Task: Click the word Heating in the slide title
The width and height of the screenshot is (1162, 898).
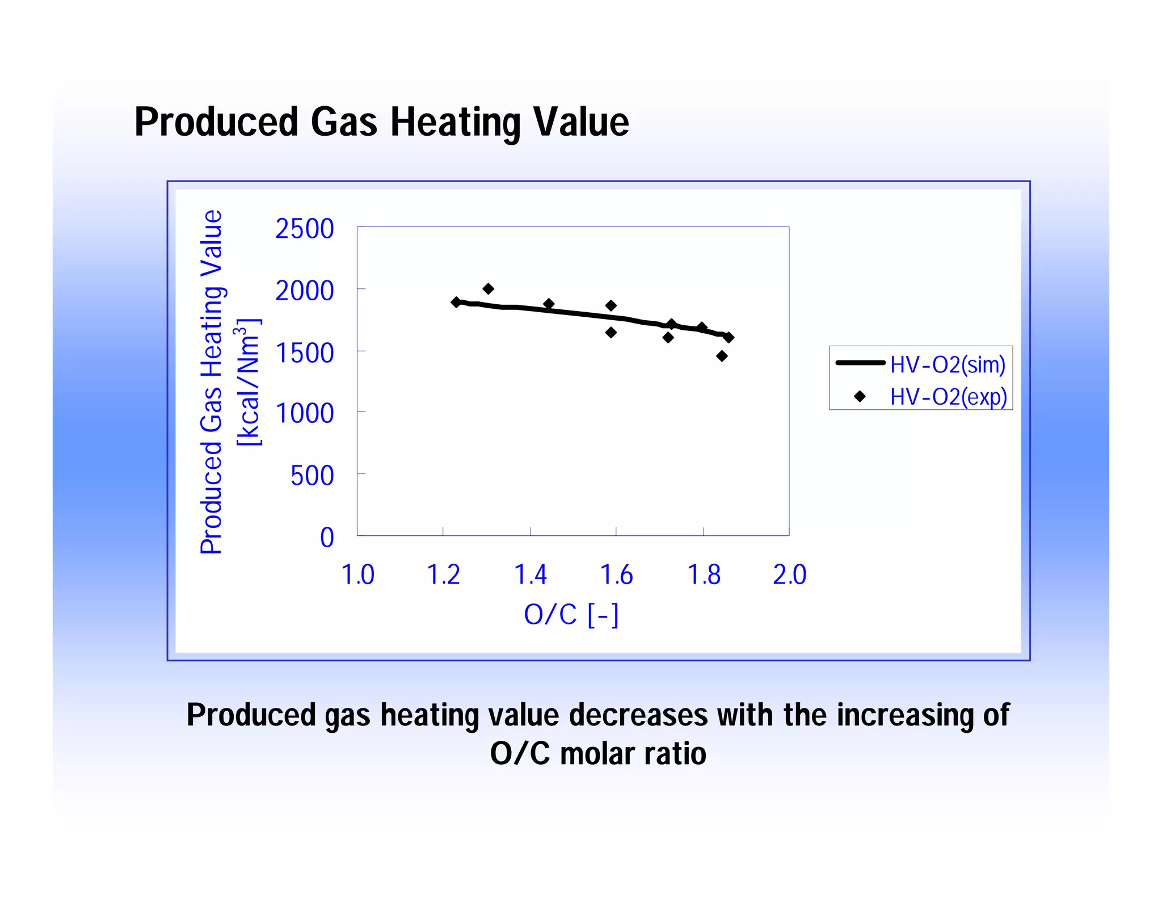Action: (x=456, y=122)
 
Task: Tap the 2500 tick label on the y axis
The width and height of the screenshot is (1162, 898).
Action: (x=305, y=229)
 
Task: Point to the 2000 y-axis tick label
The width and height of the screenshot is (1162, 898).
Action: (x=305, y=291)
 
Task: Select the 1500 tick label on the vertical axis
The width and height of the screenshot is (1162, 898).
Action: (x=305, y=353)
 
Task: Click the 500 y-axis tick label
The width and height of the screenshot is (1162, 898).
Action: (x=312, y=476)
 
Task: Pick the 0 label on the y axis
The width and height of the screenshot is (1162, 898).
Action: (x=327, y=538)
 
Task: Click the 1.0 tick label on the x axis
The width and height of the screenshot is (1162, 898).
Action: (x=357, y=574)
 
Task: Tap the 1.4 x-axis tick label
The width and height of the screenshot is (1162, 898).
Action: (x=530, y=574)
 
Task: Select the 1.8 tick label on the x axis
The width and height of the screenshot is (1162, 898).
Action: (x=704, y=574)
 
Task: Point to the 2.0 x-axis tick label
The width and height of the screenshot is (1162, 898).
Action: (x=789, y=574)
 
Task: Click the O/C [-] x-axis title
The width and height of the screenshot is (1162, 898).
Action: (x=571, y=615)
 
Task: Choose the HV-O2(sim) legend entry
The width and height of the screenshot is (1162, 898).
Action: (x=947, y=364)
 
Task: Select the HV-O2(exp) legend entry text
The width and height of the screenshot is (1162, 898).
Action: (x=948, y=396)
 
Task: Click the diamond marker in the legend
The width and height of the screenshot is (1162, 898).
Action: (x=860, y=396)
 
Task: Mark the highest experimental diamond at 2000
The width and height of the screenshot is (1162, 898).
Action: (x=488, y=289)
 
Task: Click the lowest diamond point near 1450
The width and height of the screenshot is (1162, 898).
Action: (x=722, y=356)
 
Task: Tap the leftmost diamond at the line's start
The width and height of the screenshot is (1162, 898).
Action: (x=456, y=302)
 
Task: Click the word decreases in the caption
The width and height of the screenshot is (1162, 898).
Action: (x=638, y=715)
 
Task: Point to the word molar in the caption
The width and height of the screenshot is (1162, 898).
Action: (x=597, y=754)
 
